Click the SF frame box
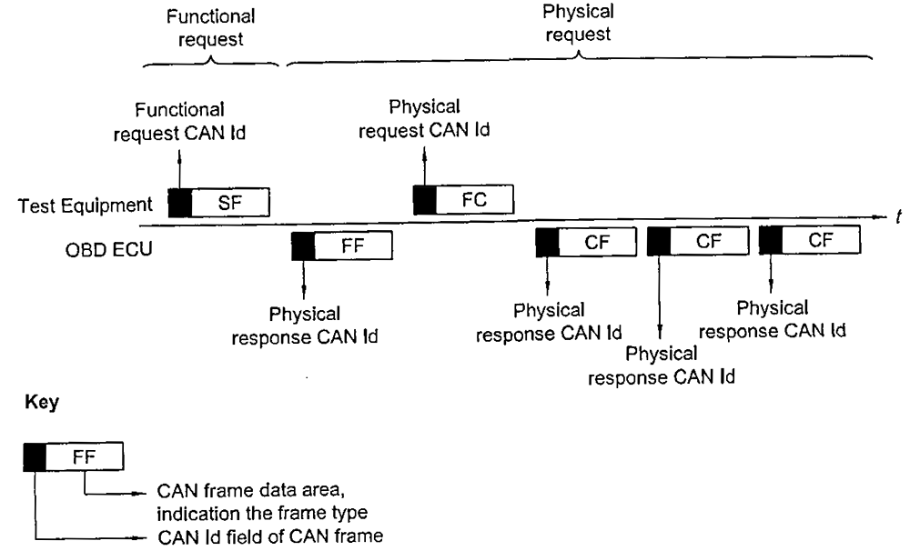click(229, 203)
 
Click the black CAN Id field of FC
click(424, 199)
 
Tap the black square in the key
click(35, 458)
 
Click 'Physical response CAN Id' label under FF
click(304, 326)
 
